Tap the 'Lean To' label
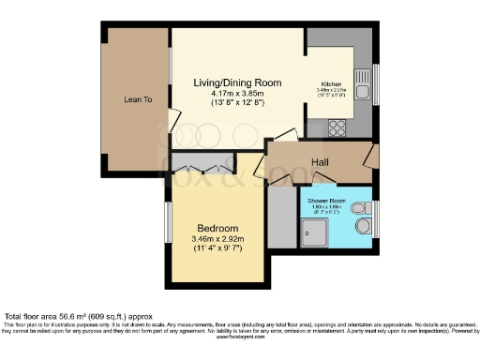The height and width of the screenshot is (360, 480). click(138, 98)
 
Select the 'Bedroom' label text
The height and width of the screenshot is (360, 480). click(217, 229)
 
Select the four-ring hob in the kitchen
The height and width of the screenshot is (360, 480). click(337, 127)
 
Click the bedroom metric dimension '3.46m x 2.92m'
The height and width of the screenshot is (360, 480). click(217, 239)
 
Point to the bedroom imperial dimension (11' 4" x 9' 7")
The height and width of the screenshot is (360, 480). click(217, 250)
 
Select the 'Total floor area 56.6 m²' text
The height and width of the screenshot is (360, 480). click(77, 317)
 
